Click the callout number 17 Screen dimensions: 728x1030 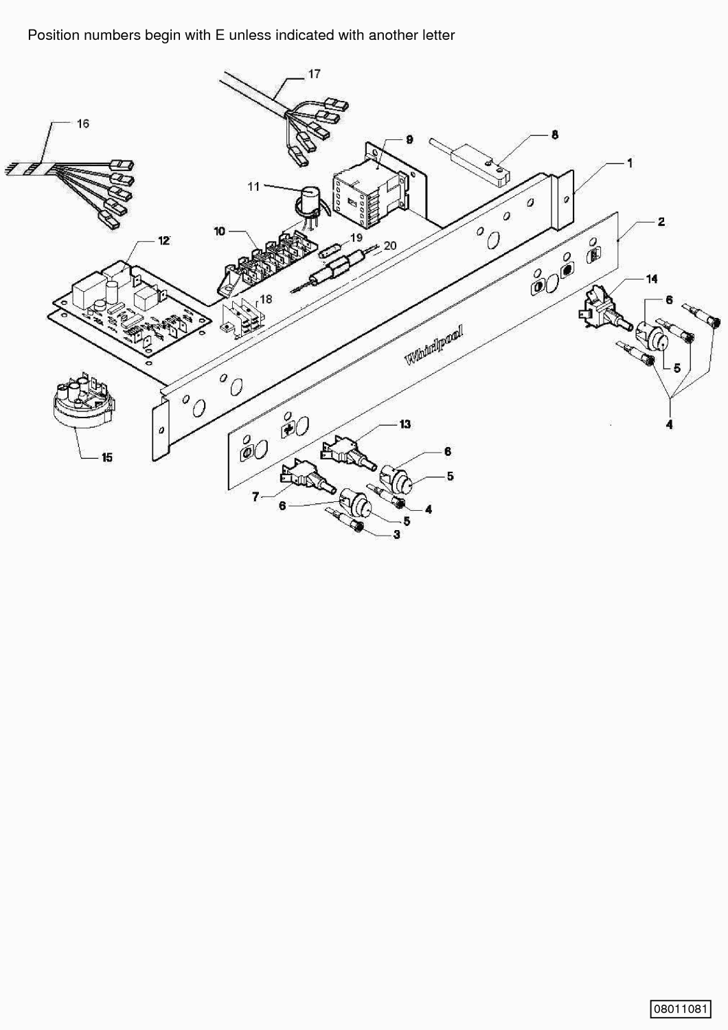pos(314,74)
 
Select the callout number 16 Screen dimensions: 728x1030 pos(83,124)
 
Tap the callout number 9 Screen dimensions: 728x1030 pos(409,139)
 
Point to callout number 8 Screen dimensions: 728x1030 pos(555,135)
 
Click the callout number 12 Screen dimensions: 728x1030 pos(164,240)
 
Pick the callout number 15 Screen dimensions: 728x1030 pos(106,457)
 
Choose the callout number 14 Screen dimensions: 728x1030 pos(652,279)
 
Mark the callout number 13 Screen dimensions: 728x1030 pos(405,424)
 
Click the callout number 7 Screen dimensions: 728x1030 pos(255,496)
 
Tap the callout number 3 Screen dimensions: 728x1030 pos(396,535)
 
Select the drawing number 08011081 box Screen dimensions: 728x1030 pos(681,1009)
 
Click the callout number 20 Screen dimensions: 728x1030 pos(390,246)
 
